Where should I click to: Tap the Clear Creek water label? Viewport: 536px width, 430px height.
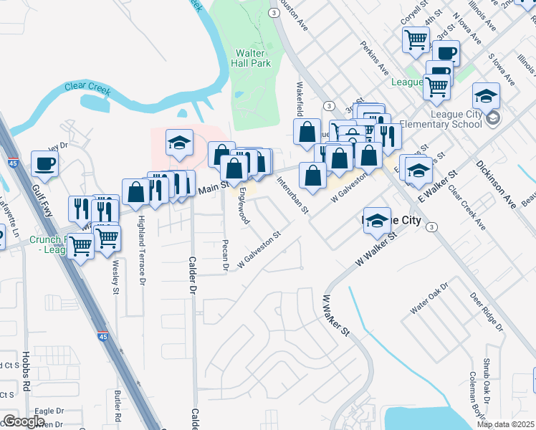point(87,87)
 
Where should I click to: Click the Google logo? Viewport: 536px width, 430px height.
point(24,421)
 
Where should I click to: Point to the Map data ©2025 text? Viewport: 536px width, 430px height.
point(506,424)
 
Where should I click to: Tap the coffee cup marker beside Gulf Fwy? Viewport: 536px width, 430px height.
point(44,163)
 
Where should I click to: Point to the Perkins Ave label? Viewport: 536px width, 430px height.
point(373,69)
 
